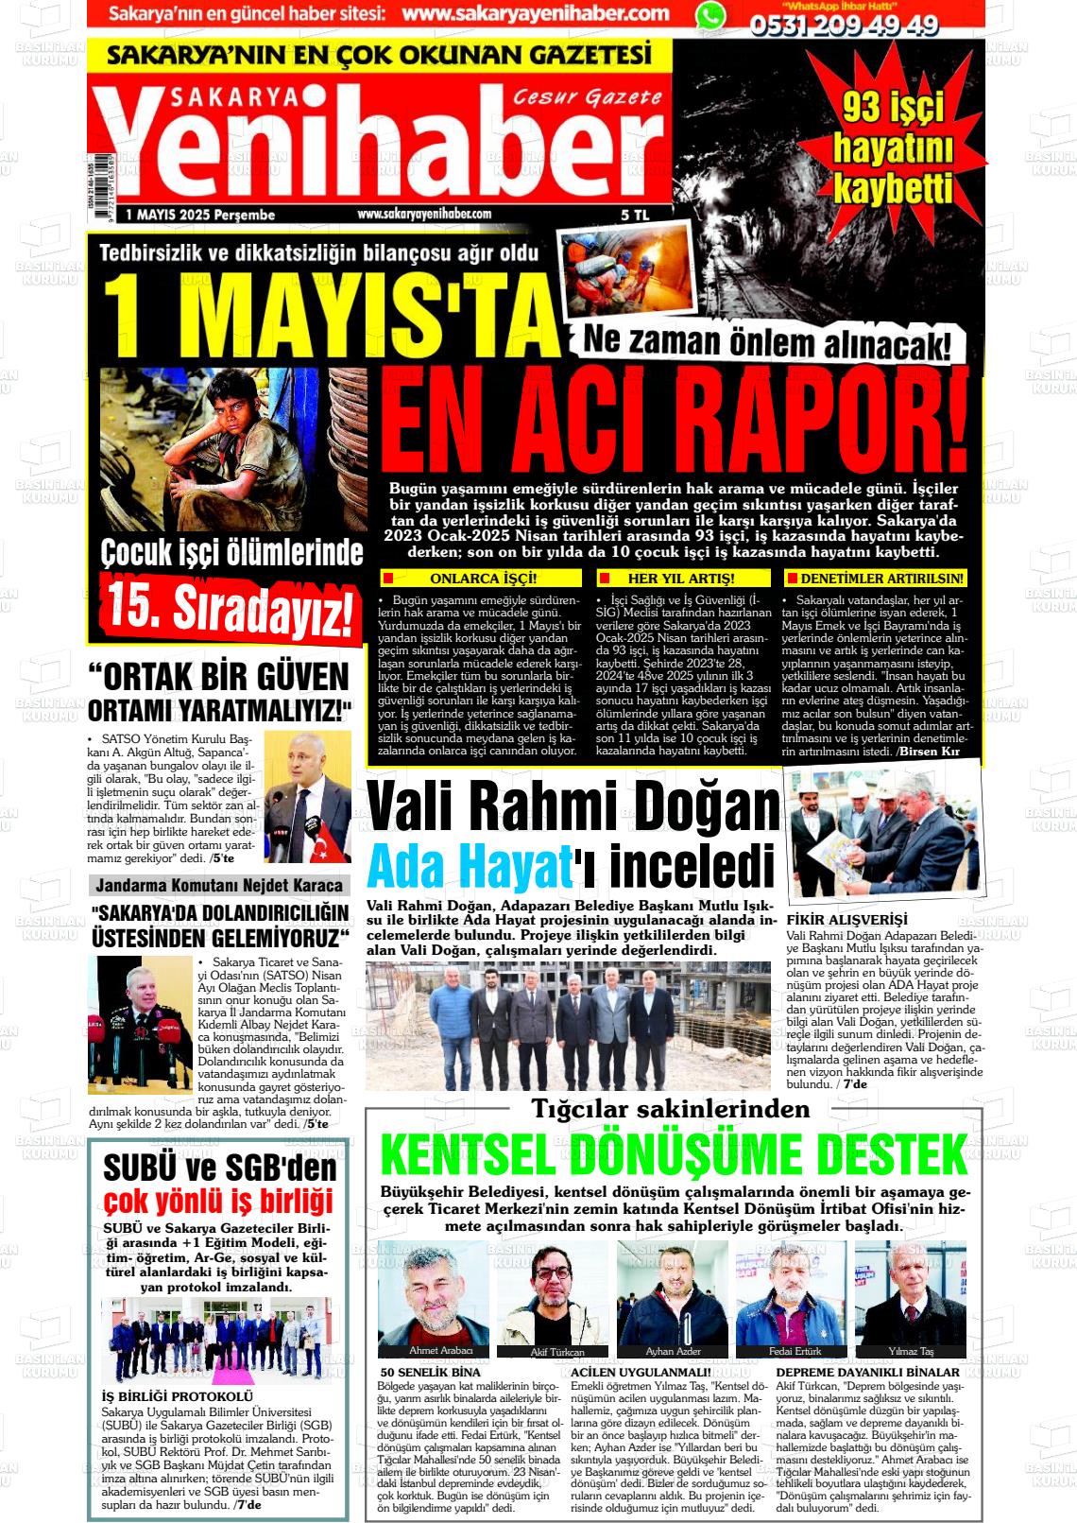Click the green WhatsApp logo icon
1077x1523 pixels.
click(711, 15)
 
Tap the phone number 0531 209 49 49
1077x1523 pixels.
click(844, 26)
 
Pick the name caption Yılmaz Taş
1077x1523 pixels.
click(911, 1351)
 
